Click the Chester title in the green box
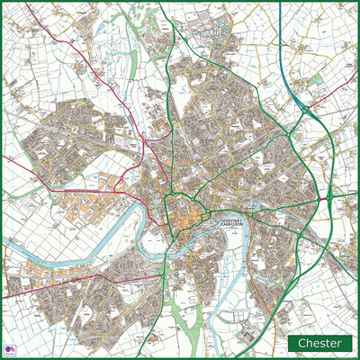(x=319, y=343)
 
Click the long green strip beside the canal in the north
(x=135, y=54)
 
